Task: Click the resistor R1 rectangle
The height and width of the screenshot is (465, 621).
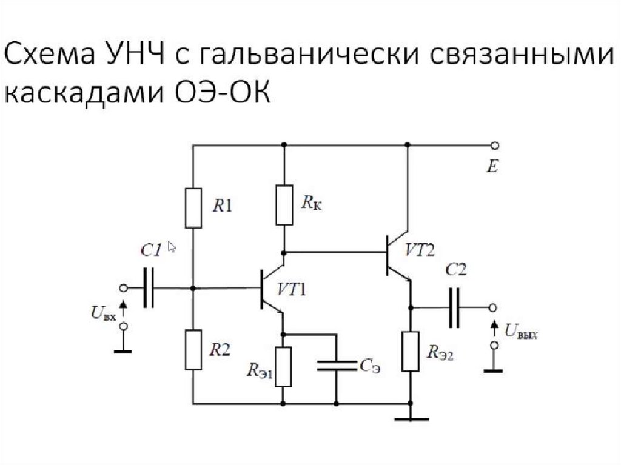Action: pos(193,208)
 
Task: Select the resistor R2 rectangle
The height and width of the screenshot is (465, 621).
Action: pos(193,350)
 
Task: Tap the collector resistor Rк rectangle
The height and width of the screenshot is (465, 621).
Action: pos(284,205)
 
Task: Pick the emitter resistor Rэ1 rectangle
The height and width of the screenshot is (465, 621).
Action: pos(283,366)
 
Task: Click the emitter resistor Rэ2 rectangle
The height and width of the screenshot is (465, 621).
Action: pos(411,351)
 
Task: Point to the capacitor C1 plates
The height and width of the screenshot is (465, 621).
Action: pos(149,288)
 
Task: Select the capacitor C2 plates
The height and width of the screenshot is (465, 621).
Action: pos(454,308)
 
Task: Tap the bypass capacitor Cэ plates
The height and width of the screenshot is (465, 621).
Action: pos(337,366)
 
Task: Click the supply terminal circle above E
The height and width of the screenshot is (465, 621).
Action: pos(494,146)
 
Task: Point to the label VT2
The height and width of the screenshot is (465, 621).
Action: pos(420,250)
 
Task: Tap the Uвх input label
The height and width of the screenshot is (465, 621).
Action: pos(103,313)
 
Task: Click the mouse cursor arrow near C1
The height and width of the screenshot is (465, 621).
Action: pos(172,247)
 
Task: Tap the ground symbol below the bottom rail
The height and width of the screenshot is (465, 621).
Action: pos(411,418)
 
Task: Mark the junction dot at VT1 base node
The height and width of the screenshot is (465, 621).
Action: pos(193,288)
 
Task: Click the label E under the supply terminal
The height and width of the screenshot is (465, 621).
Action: pos(492,166)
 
